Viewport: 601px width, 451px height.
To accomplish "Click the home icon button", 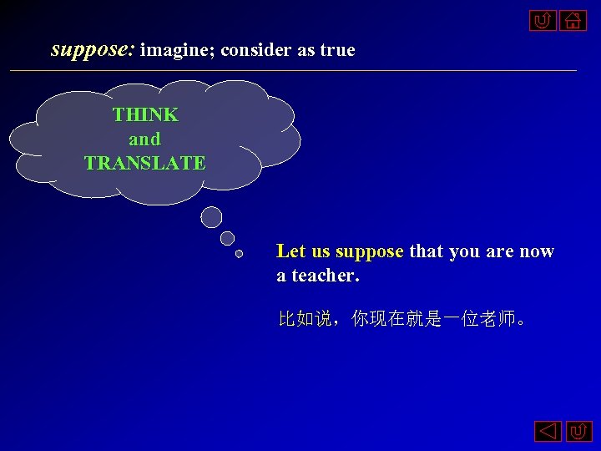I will (x=573, y=19).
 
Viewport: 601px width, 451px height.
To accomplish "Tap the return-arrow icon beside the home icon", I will (x=543, y=19).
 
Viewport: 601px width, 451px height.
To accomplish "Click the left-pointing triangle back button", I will (x=548, y=432).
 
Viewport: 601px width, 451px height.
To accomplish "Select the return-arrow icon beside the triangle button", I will (x=578, y=432).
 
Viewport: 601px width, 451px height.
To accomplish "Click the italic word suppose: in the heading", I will (x=93, y=50).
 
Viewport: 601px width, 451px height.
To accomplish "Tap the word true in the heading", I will (x=337, y=50).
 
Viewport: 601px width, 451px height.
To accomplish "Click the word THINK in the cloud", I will (x=145, y=114).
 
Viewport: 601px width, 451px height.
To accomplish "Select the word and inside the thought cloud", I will (x=144, y=139).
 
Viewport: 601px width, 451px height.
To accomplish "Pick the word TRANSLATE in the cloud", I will (x=144, y=163).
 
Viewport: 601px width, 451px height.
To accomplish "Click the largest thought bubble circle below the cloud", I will (x=212, y=217).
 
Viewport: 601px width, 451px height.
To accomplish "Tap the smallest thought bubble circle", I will (x=239, y=253).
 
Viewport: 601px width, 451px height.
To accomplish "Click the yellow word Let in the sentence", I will (x=290, y=251).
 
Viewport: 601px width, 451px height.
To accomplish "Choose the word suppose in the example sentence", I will (x=369, y=251).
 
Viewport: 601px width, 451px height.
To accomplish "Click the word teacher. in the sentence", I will (x=326, y=275).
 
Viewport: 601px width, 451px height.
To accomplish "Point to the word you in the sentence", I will (x=464, y=251).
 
